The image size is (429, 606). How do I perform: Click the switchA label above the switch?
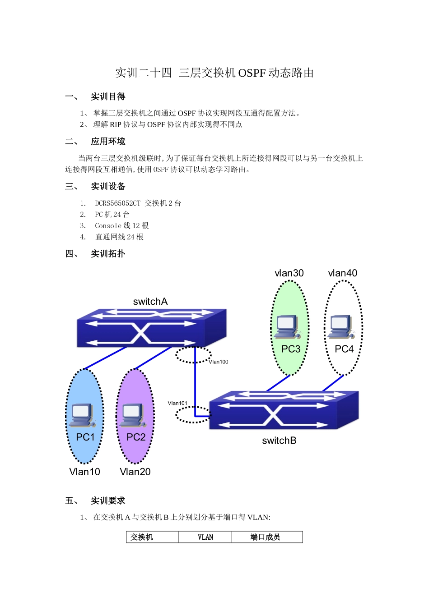(150, 302)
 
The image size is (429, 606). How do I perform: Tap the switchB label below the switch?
(279, 441)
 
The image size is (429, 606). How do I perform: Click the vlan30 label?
(289, 273)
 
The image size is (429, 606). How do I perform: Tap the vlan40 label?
(342, 273)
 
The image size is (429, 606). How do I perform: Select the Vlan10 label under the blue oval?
(84, 472)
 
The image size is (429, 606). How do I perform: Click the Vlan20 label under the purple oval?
(135, 472)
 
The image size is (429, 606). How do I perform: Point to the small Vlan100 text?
(219, 362)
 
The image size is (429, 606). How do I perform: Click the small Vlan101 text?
(177, 403)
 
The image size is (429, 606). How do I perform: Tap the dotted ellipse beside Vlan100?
(193, 355)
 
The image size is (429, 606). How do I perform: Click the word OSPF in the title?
(252, 73)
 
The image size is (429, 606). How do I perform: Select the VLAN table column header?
(205, 537)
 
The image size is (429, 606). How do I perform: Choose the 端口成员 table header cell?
(266, 537)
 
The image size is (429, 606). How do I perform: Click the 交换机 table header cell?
(142, 537)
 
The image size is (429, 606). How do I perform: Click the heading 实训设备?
(108, 186)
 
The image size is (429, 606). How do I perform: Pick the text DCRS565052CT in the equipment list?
(117, 203)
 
